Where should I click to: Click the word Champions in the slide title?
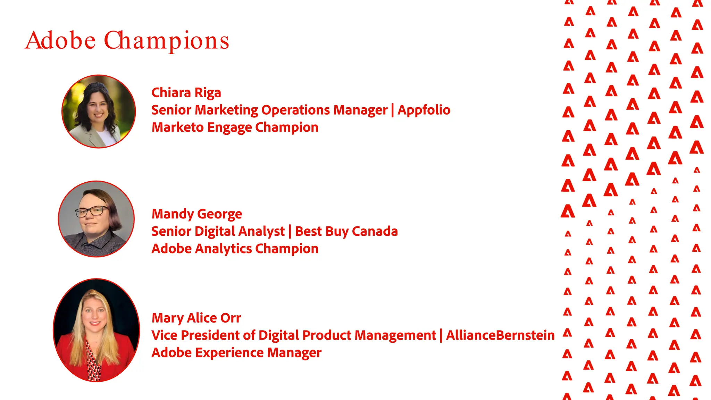click(167, 41)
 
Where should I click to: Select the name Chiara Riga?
click(186, 93)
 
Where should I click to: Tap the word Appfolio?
click(424, 110)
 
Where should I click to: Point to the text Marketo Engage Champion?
click(235, 127)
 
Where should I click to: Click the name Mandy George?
click(197, 214)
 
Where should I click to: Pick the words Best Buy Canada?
click(346, 231)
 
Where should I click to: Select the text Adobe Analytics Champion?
click(235, 249)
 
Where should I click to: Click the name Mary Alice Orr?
click(196, 318)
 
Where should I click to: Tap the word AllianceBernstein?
click(500, 335)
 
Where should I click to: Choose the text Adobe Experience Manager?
click(236, 353)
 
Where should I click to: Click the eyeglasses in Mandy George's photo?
click(91, 211)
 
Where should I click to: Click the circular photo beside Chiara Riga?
click(99, 111)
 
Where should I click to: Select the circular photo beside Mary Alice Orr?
click(96, 330)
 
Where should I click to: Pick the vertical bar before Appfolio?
click(393, 110)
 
